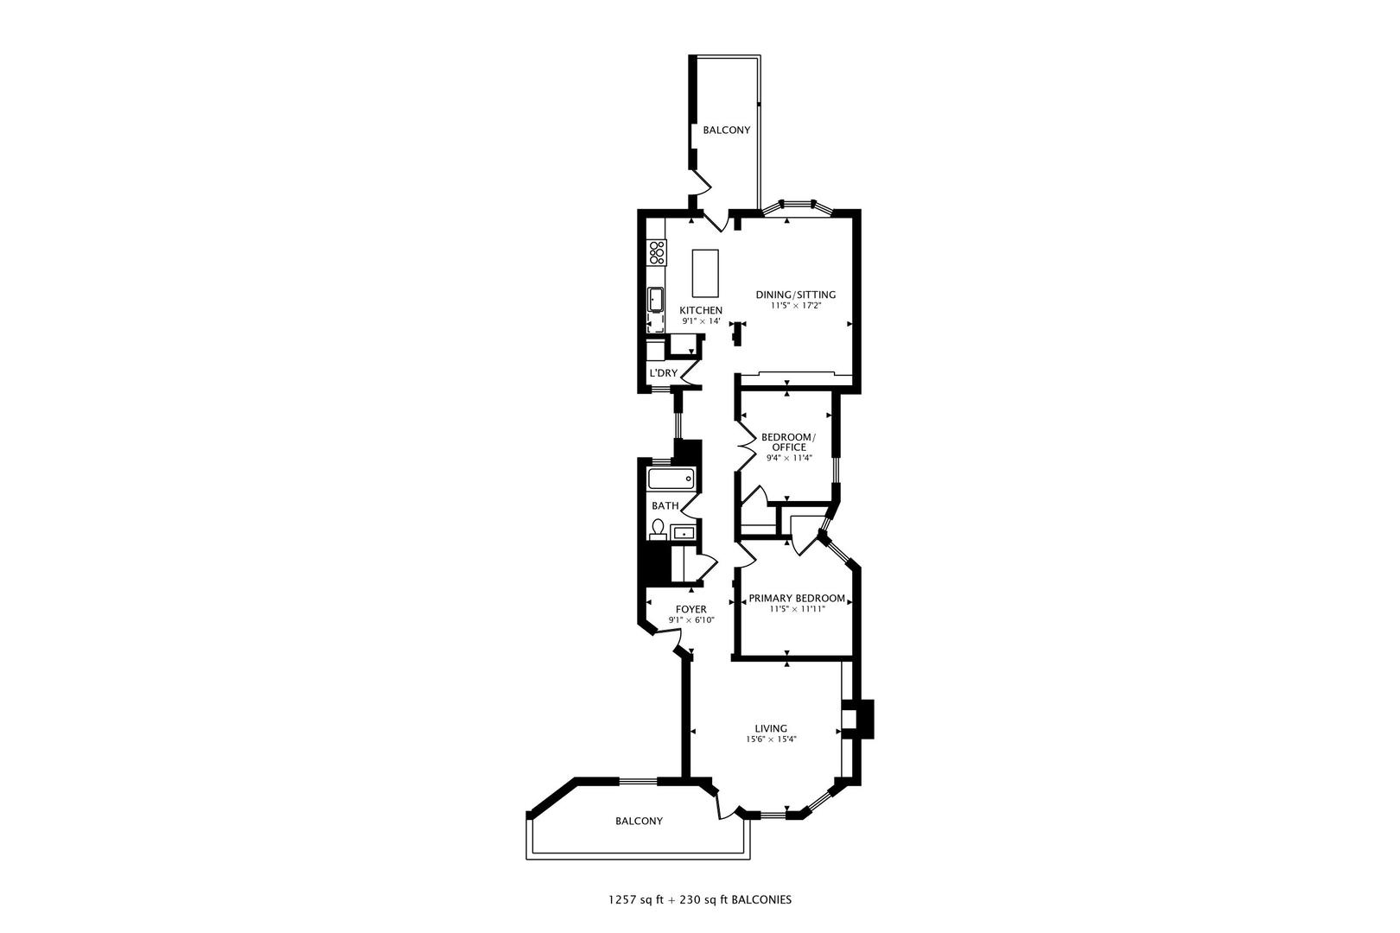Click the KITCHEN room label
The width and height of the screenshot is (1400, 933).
click(x=700, y=310)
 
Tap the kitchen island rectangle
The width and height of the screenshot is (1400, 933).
click(x=705, y=273)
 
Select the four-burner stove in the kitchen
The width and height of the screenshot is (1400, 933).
click(x=657, y=252)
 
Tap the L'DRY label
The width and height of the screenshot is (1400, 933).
click(x=663, y=373)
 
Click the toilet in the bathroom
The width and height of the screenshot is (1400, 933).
click(x=659, y=529)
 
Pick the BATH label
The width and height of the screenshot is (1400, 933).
click(x=665, y=505)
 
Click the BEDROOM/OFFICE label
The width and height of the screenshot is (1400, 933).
click(x=786, y=441)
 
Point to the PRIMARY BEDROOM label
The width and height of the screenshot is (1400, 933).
click(x=796, y=598)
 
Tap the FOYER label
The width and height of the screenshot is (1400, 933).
click(x=690, y=609)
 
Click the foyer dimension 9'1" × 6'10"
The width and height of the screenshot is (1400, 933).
click(x=690, y=620)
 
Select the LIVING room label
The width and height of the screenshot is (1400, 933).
click(x=770, y=728)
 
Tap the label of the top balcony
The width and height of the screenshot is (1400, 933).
click(x=726, y=130)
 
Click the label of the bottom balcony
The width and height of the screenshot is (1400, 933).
click(x=639, y=821)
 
